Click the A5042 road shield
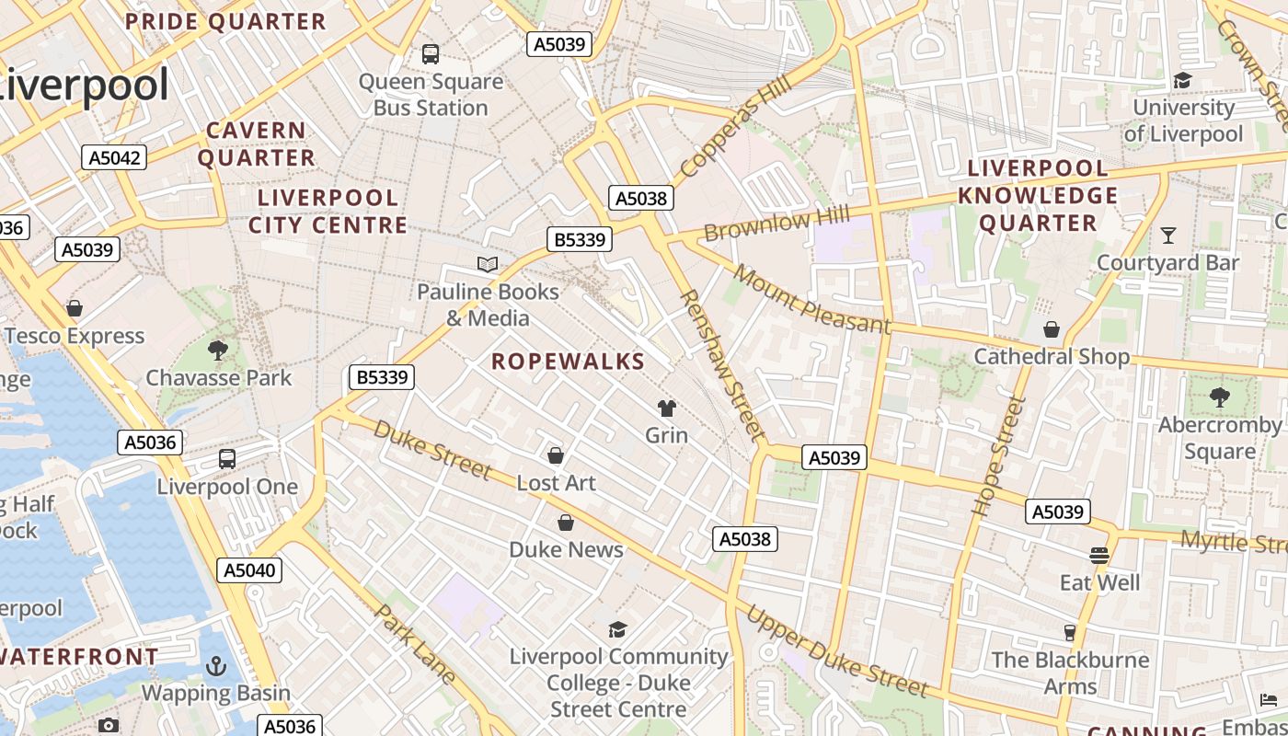pos(115,157)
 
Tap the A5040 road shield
pos(249,570)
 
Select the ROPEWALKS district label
pos(568,362)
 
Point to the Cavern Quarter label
pos(256,144)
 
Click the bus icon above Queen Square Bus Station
pos(431,54)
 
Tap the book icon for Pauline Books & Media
pos(488,265)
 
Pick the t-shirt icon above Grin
pos(667,408)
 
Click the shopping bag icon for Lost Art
pos(556,455)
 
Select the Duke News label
pos(566,549)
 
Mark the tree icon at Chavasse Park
pos(218,351)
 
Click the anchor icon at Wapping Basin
pos(216,666)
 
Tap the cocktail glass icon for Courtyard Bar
pos(1167,236)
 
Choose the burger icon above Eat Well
pos(1099,556)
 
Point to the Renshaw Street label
pos(722,364)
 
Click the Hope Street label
pos(998,454)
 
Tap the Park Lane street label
pos(415,644)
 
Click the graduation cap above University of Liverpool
pos(1182,81)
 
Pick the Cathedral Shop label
pos(1052,356)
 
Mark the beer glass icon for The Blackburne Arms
pos(1069,633)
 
